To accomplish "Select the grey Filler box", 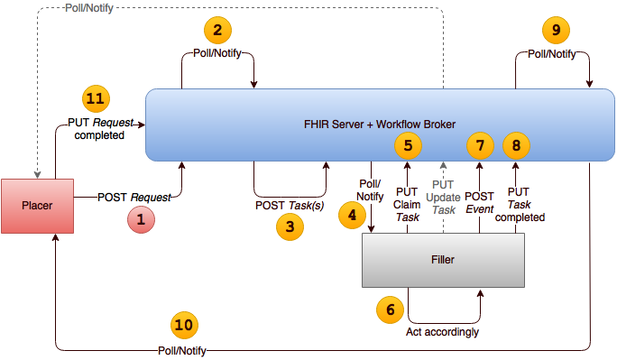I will pos(443,260).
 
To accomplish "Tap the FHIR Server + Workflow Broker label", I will pos(378,124).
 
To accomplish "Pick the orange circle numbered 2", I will pos(217,32).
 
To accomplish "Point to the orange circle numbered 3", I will pos(290,227).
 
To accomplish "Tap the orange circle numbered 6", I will pos(391,309).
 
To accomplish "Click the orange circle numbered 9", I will pos(557,31).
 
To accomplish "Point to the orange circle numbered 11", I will pos(96,98).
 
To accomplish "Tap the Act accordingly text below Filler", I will pos(443,332).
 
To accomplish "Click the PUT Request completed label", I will pos(97,127).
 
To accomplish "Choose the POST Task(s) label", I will pos(290,205).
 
